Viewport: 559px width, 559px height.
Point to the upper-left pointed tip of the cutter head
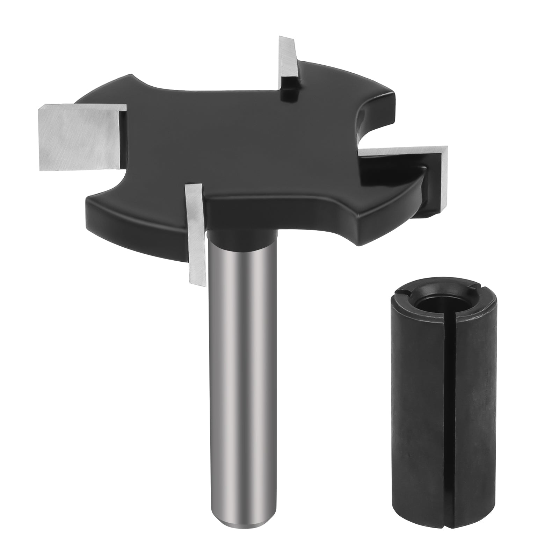[x=132, y=76]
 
